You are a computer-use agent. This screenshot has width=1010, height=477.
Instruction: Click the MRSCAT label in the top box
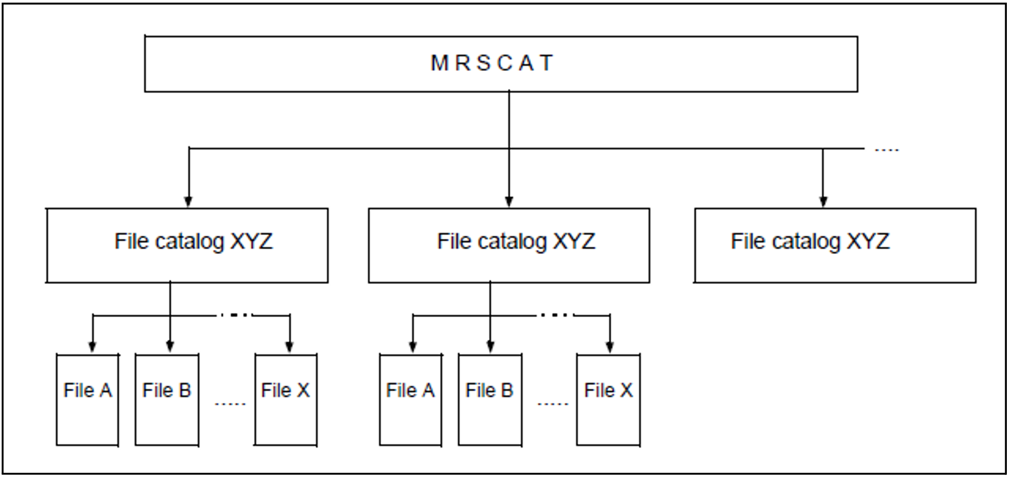492,63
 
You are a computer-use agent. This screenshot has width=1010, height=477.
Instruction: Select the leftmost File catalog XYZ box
188,245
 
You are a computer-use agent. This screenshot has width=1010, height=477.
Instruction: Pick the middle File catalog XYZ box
509,245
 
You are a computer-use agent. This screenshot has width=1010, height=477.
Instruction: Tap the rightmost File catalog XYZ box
835,245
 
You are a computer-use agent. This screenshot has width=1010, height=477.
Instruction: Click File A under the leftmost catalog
87,400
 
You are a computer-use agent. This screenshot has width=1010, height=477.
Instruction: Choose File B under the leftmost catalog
167,400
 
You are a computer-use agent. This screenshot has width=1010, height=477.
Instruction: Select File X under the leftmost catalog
285,400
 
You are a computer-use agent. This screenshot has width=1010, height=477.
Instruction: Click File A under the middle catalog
410,400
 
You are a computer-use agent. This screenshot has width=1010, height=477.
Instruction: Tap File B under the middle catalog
490,400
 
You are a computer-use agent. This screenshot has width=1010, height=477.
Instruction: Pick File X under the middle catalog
608,400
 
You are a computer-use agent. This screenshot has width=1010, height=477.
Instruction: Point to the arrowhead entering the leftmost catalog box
188,201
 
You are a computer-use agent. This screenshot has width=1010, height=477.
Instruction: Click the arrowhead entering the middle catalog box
509,201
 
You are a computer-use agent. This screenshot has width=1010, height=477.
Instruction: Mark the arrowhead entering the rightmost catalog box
823,201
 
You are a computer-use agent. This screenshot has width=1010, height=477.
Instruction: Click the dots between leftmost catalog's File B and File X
230,404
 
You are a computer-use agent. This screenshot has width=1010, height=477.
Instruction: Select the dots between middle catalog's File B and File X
553,404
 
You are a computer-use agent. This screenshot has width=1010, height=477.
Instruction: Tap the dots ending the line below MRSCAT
887,150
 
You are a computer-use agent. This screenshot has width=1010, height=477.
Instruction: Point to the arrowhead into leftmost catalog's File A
92,347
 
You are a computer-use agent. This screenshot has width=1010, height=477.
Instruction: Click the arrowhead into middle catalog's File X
610,347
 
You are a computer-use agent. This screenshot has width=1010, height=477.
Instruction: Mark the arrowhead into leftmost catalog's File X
289,347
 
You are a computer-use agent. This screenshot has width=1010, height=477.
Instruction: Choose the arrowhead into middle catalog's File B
490,347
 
